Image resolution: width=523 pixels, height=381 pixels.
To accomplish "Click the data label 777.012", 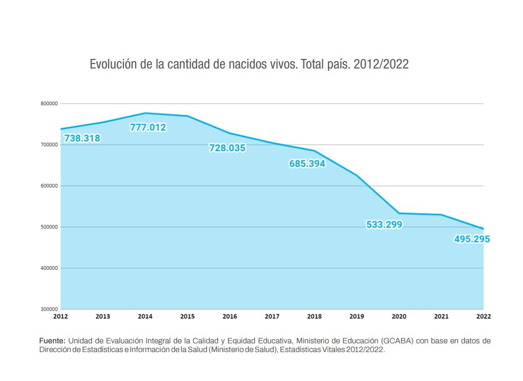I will coord(148,128).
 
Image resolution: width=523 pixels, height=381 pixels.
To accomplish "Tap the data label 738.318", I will coord(82,138).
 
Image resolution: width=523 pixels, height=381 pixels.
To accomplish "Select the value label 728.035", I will coord(227,148).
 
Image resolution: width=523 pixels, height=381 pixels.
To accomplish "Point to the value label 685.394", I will coord(307,164).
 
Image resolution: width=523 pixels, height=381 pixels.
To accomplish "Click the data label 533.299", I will coord(384,225).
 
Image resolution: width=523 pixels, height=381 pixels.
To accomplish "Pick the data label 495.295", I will coord(472,239).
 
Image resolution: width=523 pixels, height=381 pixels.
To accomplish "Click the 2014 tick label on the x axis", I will coord(145,317).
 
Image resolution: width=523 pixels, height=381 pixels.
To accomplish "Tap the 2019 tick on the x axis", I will coord(357,317).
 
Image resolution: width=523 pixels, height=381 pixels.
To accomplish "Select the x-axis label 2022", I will coord(483,317).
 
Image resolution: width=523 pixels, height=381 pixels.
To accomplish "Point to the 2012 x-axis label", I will coord(61,317).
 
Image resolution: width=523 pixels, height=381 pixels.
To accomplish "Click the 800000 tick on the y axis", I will coord(48,104).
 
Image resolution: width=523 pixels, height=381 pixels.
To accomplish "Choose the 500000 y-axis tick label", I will coord(48,227).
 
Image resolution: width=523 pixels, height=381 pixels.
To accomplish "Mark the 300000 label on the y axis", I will coord(48,309).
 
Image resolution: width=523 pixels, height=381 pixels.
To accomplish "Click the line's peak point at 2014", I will coord(145,113).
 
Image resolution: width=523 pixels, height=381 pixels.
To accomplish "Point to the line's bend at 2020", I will coord(399,213).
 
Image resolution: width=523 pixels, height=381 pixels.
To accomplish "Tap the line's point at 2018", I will coord(314,151).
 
